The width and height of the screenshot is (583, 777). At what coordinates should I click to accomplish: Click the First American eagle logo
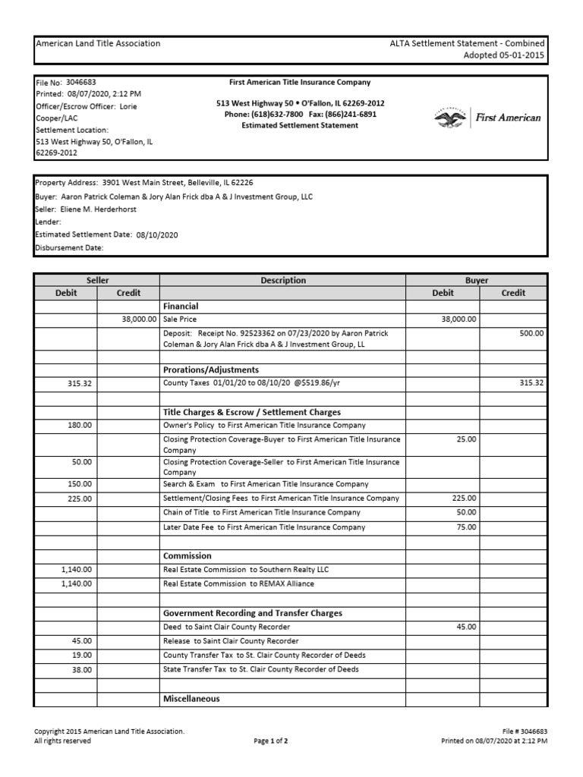click(450, 118)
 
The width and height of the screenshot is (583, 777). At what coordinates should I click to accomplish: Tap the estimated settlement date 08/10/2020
click(157, 235)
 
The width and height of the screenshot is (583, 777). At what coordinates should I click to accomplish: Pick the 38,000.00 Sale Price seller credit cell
click(139, 319)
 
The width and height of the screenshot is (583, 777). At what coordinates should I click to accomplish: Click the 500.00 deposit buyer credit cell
click(531, 333)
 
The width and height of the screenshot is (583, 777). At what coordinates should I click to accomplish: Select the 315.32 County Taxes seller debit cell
click(79, 384)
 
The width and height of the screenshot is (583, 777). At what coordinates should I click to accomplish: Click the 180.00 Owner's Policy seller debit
click(82, 426)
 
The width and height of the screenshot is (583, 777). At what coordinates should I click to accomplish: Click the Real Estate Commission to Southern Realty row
click(246, 569)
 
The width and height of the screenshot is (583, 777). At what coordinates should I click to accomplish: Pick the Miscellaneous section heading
click(191, 698)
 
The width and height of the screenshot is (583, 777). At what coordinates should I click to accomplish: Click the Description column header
click(283, 280)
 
